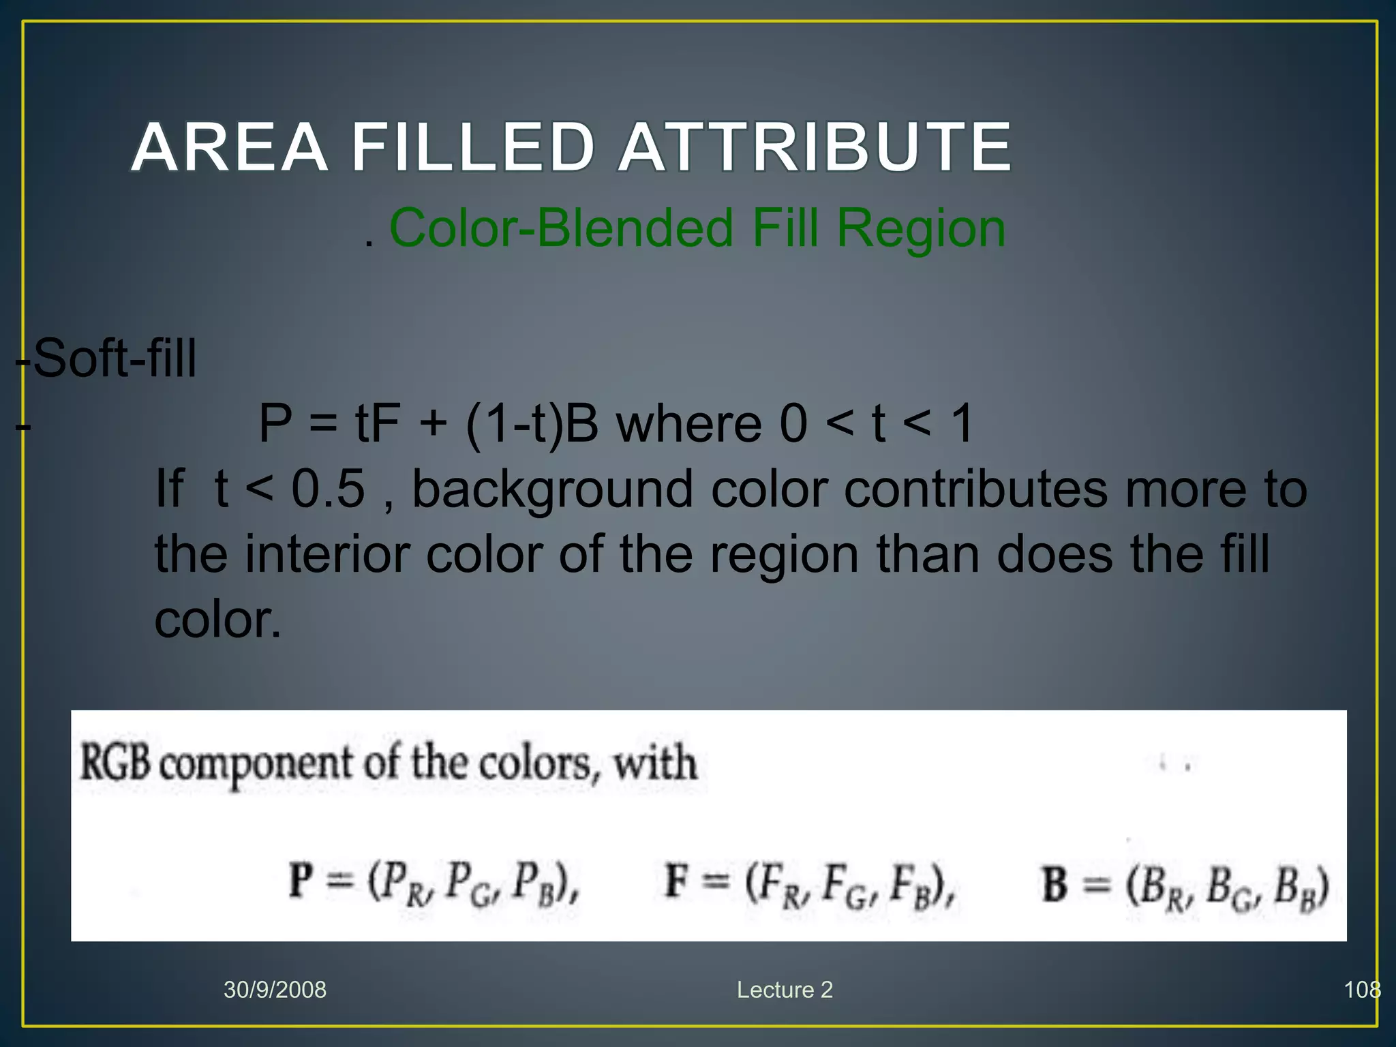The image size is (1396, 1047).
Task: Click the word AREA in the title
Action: pyautogui.click(x=229, y=147)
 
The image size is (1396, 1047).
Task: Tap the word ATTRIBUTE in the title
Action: pyautogui.click(x=815, y=147)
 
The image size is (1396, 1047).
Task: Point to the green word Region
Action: pyautogui.click(x=921, y=228)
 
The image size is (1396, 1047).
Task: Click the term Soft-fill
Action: pyautogui.click(x=115, y=359)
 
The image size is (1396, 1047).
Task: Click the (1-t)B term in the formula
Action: pyautogui.click(x=532, y=424)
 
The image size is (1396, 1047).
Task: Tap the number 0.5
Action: pyautogui.click(x=328, y=489)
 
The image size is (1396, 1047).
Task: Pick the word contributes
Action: pyautogui.click(x=975, y=489)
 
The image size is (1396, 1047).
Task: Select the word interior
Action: pyautogui.click(x=327, y=553)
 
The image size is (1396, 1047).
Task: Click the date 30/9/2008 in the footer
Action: pyautogui.click(x=275, y=990)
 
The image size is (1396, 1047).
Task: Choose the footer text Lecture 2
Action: pyautogui.click(x=785, y=990)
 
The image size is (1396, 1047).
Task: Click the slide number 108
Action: pyautogui.click(x=1361, y=990)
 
